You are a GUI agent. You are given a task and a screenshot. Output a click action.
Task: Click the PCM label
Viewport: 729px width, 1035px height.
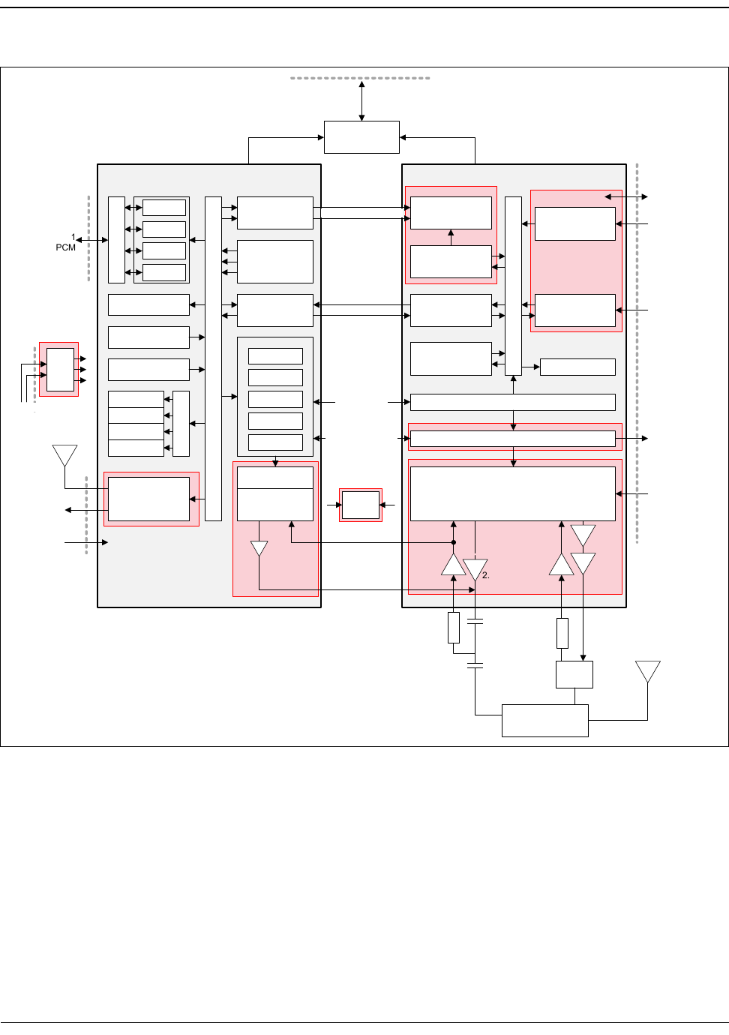point(65,247)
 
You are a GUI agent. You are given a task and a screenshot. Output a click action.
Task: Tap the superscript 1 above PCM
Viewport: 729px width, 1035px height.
point(73,237)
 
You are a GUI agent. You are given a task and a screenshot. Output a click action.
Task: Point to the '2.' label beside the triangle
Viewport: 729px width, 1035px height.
point(486,575)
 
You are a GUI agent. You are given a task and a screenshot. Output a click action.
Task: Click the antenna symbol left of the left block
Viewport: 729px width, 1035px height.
point(65,455)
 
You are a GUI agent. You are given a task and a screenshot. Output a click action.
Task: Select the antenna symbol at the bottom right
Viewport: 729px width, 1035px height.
point(647,671)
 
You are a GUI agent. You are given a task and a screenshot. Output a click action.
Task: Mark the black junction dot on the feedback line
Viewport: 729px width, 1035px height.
point(454,542)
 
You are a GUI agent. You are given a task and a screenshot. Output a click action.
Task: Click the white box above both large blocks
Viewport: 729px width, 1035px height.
point(361,137)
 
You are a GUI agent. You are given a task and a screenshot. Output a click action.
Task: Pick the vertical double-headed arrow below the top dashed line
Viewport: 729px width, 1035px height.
point(361,100)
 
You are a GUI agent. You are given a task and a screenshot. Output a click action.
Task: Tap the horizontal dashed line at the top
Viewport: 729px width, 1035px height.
point(360,78)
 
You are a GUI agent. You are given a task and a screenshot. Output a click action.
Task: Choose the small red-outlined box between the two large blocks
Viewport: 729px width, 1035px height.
point(361,505)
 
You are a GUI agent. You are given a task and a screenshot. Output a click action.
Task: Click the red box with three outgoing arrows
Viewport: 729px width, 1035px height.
point(59,370)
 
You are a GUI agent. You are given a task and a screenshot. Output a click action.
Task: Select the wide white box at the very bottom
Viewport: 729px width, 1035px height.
point(544,721)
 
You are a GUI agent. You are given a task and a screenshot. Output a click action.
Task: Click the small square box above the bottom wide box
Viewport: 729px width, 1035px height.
point(574,674)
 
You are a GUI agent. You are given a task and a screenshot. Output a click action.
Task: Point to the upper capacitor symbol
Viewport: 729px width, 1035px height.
point(475,621)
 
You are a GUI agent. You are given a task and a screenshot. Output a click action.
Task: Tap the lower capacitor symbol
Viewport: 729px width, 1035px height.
point(475,665)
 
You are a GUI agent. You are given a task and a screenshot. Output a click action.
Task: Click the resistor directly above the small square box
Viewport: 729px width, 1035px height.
point(562,633)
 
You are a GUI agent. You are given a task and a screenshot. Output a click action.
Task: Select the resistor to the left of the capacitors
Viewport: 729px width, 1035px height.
point(454,628)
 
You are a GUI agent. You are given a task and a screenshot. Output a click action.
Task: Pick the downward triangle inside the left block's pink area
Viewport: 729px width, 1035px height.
point(259,549)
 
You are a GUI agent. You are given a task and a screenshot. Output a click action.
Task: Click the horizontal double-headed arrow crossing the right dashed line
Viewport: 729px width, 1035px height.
point(626,196)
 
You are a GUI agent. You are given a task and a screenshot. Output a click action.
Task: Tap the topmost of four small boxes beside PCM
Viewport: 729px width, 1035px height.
point(164,208)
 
